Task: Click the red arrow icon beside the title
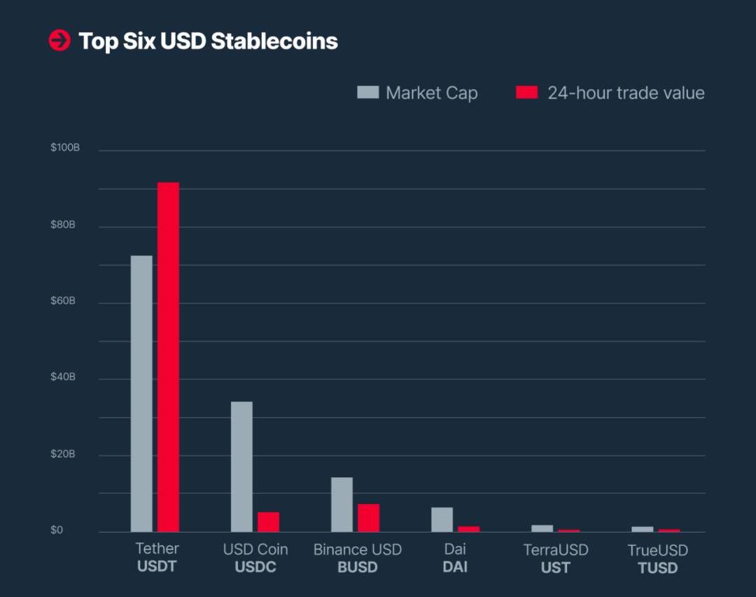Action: point(59,41)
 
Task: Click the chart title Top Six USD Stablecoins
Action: point(208,41)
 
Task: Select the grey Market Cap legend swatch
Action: point(367,92)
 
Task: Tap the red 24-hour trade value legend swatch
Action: point(526,92)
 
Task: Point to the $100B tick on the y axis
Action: point(65,148)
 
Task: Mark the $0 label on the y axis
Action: point(57,530)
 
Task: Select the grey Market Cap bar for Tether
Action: point(141,393)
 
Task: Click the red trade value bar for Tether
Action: point(168,357)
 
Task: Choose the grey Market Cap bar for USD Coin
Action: point(241,466)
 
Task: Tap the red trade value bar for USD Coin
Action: point(268,521)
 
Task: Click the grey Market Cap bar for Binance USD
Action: point(342,504)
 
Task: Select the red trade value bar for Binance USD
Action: point(368,517)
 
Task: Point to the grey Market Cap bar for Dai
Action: point(442,519)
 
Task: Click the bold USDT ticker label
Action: point(157,566)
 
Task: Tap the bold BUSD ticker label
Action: point(357,567)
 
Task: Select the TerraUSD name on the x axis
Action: point(556,549)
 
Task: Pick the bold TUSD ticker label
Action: point(658,568)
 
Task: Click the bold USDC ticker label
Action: point(255,567)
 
